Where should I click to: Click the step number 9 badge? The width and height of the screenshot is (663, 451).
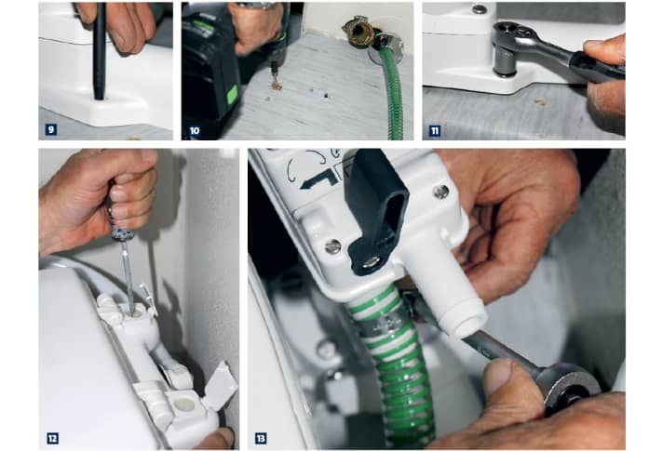(51, 129)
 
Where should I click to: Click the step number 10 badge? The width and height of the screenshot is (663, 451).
(195, 130)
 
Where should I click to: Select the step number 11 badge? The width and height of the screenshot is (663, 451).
(435, 131)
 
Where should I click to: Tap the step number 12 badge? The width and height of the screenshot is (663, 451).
(52, 438)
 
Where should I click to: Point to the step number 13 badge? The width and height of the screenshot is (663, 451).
(261, 438)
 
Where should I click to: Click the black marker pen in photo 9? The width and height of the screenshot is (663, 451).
(100, 50)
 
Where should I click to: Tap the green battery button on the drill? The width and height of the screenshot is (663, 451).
(232, 95)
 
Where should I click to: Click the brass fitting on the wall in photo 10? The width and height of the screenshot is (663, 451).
(358, 31)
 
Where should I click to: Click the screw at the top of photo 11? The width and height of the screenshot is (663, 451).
(479, 9)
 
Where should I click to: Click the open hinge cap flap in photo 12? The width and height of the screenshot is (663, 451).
(221, 384)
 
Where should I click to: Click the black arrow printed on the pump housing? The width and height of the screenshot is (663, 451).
(318, 179)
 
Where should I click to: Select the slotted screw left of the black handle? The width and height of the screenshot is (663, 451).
(333, 247)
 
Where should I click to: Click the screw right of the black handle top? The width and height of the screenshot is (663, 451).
(441, 192)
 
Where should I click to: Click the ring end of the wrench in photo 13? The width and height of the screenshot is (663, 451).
(572, 387)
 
